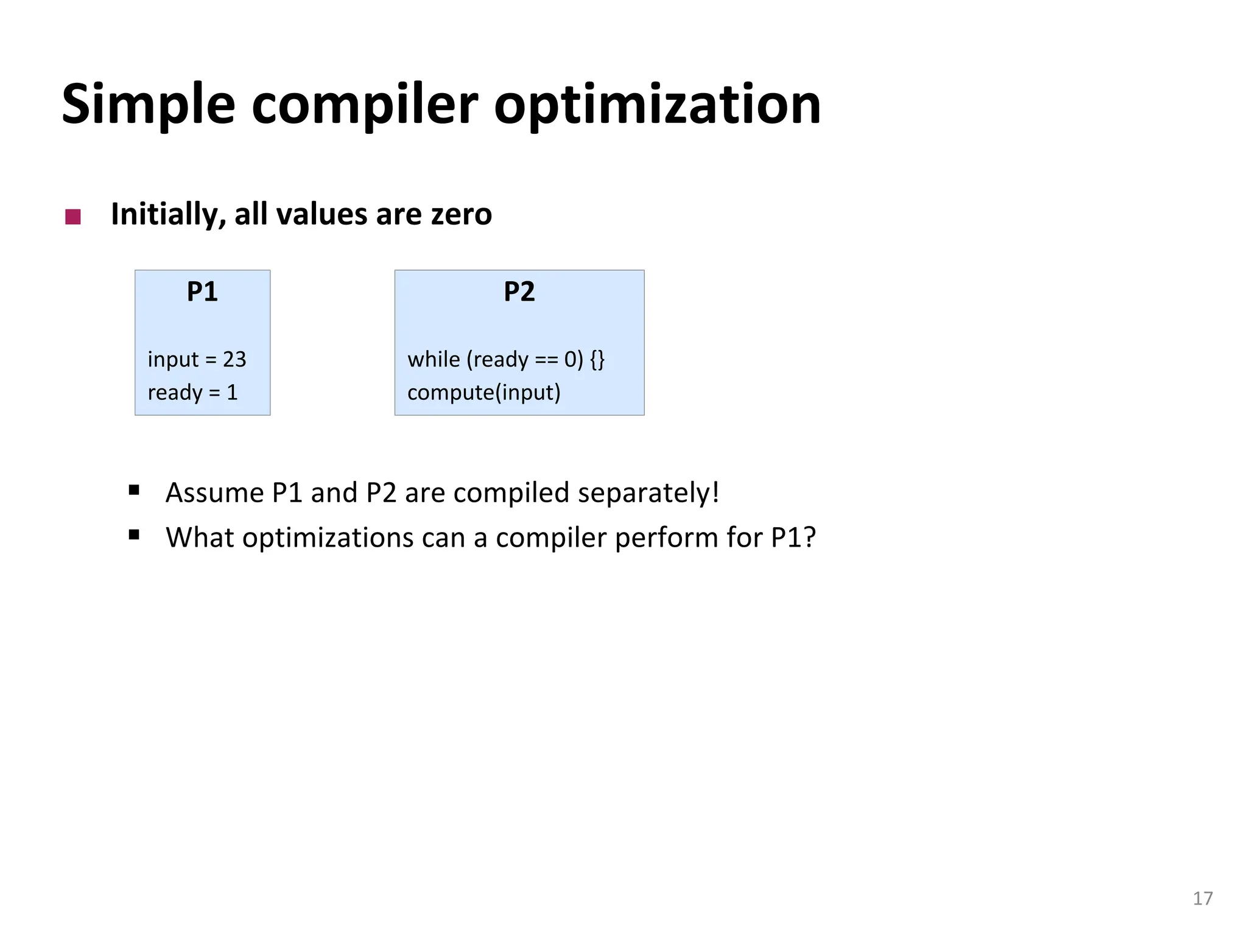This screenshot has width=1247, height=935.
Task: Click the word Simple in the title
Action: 148,105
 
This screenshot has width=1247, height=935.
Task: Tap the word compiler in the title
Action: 364,105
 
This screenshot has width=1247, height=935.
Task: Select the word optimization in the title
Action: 657,105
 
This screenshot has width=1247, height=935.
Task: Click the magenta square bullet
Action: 73,217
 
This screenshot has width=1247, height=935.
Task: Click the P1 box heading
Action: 202,292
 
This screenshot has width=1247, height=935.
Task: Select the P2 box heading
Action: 519,292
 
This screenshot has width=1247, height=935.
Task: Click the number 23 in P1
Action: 234,359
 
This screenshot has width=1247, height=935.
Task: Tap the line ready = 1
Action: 192,392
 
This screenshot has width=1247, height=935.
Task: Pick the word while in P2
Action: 434,359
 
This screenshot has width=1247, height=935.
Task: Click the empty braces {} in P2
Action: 597,359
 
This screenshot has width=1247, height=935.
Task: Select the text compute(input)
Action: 483,392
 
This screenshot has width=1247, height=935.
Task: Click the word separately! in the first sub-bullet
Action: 648,492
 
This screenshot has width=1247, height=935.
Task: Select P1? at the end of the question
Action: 793,538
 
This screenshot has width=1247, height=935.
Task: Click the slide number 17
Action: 1203,898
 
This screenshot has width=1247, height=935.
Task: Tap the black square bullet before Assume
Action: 135,490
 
